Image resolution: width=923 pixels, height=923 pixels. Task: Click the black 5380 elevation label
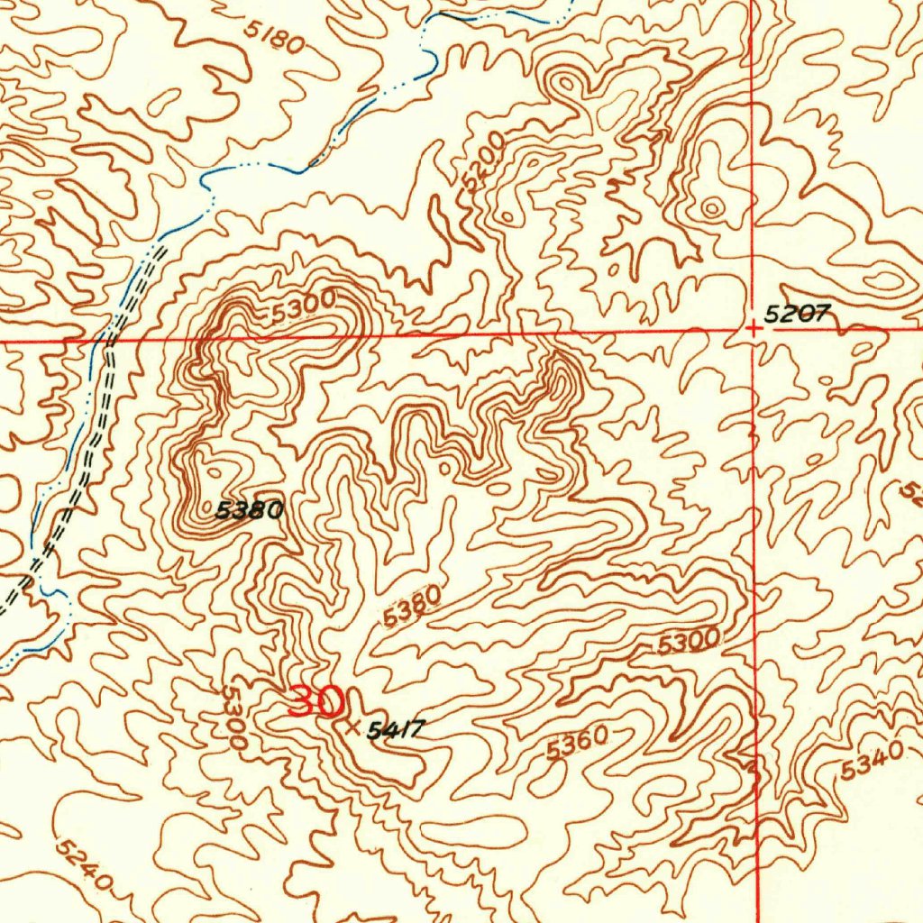[250, 511]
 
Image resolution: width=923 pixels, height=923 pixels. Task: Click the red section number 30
[315, 701]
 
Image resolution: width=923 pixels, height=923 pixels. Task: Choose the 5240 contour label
[84, 866]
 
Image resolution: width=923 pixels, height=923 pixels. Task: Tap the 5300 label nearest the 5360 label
[689, 642]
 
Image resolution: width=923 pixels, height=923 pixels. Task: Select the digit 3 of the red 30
[302, 701]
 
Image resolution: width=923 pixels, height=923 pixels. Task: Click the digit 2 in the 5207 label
[787, 313]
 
